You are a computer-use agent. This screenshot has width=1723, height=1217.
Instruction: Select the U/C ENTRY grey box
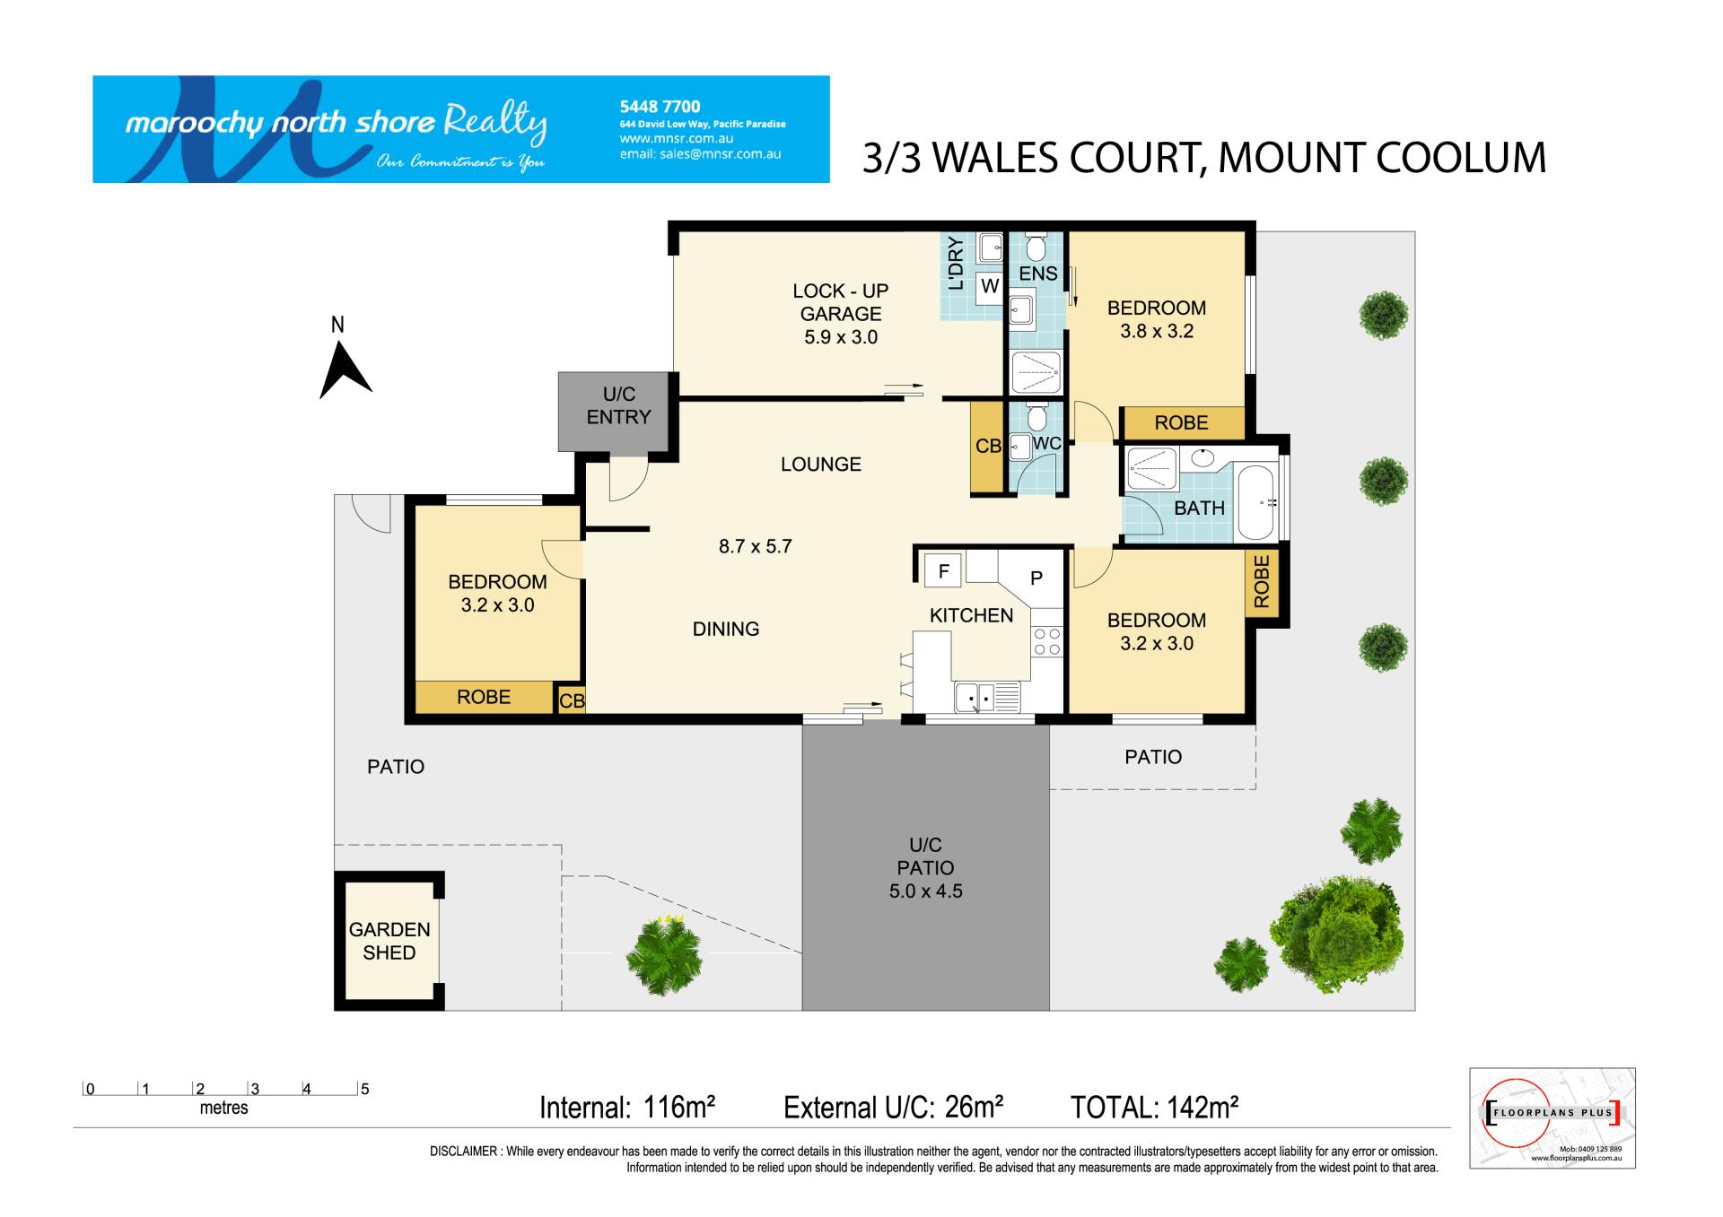pos(615,412)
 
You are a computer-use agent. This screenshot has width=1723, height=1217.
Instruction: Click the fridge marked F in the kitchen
pos(943,570)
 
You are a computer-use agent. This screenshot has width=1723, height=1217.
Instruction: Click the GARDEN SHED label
pos(389,941)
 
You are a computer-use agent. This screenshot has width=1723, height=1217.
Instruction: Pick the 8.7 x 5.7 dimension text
pos(755,546)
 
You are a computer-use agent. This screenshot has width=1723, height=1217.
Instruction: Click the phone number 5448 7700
pos(660,107)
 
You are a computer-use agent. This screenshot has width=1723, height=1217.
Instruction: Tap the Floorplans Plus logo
pos(1552,1117)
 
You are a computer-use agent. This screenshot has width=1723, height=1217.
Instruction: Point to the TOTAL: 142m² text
pos(1155,1108)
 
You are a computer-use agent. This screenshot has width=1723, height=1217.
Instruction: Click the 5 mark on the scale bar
pos(364,1090)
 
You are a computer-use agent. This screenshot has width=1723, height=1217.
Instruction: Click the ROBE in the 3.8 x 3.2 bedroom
pos(1182,423)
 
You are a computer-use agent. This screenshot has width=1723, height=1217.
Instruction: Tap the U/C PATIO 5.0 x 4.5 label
pos(925,868)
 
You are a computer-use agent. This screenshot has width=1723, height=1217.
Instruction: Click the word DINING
pos(726,630)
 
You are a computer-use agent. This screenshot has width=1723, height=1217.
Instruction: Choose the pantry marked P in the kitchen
pos(1036,578)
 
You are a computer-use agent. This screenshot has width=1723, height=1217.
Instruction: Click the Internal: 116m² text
pos(627,1108)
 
